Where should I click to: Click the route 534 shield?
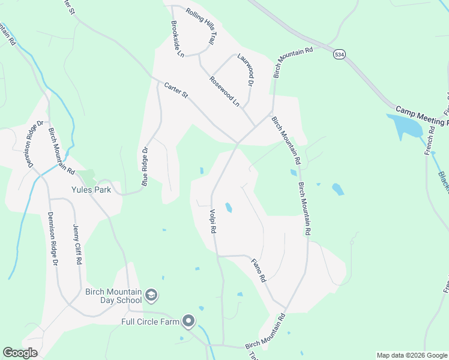click(x=340, y=54)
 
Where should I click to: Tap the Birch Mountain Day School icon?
click(x=152, y=295)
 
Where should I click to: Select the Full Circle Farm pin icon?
click(x=189, y=322)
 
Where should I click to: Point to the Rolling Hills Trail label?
click(x=200, y=27)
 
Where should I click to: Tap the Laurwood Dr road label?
click(x=246, y=73)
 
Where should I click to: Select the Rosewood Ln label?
click(x=224, y=92)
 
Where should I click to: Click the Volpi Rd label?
click(x=212, y=221)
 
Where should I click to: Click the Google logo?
click(x=20, y=353)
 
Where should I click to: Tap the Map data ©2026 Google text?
click(x=412, y=355)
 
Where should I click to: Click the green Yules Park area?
click(x=88, y=178)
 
